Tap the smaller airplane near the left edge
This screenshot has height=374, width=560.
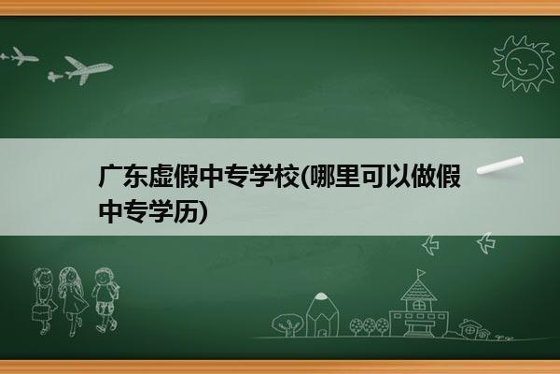click(24, 56)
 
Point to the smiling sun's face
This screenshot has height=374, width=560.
click(524, 63)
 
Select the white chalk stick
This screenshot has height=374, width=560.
click(500, 165)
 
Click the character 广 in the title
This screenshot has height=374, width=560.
click(110, 177)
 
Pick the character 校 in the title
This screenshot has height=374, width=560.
click(286, 177)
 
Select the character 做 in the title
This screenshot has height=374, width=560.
click(423, 177)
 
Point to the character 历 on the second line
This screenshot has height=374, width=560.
click(186, 211)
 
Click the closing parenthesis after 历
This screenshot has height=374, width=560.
click(203, 211)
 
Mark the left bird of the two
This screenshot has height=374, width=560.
click(430, 245)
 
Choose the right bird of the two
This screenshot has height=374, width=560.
click(486, 243)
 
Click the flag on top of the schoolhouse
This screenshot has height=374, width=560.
click(421, 273)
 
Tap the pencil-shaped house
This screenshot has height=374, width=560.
click(322, 314)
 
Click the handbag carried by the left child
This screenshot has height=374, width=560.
click(40, 312)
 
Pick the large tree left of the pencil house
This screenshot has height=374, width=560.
click(287, 324)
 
